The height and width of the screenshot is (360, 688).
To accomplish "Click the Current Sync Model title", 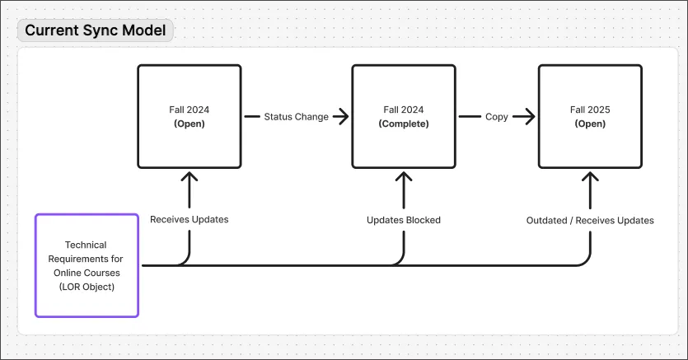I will click(x=95, y=31).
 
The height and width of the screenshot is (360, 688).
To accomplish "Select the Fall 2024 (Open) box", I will click(x=190, y=116).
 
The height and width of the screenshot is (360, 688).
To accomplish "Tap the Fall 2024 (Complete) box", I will click(x=404, y=116).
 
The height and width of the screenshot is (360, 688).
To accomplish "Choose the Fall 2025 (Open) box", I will click(x=590, y=116).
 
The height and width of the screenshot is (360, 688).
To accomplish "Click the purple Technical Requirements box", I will click(x=87, y=265).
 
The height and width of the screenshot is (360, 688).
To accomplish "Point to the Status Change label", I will click(x=296, y=117).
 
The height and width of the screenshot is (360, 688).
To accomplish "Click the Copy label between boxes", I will click(x=496, y=117).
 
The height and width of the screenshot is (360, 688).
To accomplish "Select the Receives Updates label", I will click(x=190, y=220).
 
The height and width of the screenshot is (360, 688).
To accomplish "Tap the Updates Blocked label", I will click(x=404, y=220).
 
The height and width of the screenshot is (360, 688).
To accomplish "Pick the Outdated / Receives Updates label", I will click(x=590, y=220).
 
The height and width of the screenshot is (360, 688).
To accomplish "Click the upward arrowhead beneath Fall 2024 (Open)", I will click(x=190, y=176).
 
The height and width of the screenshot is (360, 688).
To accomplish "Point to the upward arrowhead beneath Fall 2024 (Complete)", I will click(x=404, y=176).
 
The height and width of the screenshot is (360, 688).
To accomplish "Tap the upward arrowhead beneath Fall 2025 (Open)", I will click(x=590, y=176).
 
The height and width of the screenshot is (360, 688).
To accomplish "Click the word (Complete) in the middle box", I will click(x=404, y=124).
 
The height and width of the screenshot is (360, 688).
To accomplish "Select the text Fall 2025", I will click(x=590, y=110).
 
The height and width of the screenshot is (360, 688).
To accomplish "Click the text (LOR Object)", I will click(x=87, y=286).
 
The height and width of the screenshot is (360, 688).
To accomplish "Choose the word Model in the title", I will click(x=144, y=31).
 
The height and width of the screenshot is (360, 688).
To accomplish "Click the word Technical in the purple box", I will click(x=87, y=245).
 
